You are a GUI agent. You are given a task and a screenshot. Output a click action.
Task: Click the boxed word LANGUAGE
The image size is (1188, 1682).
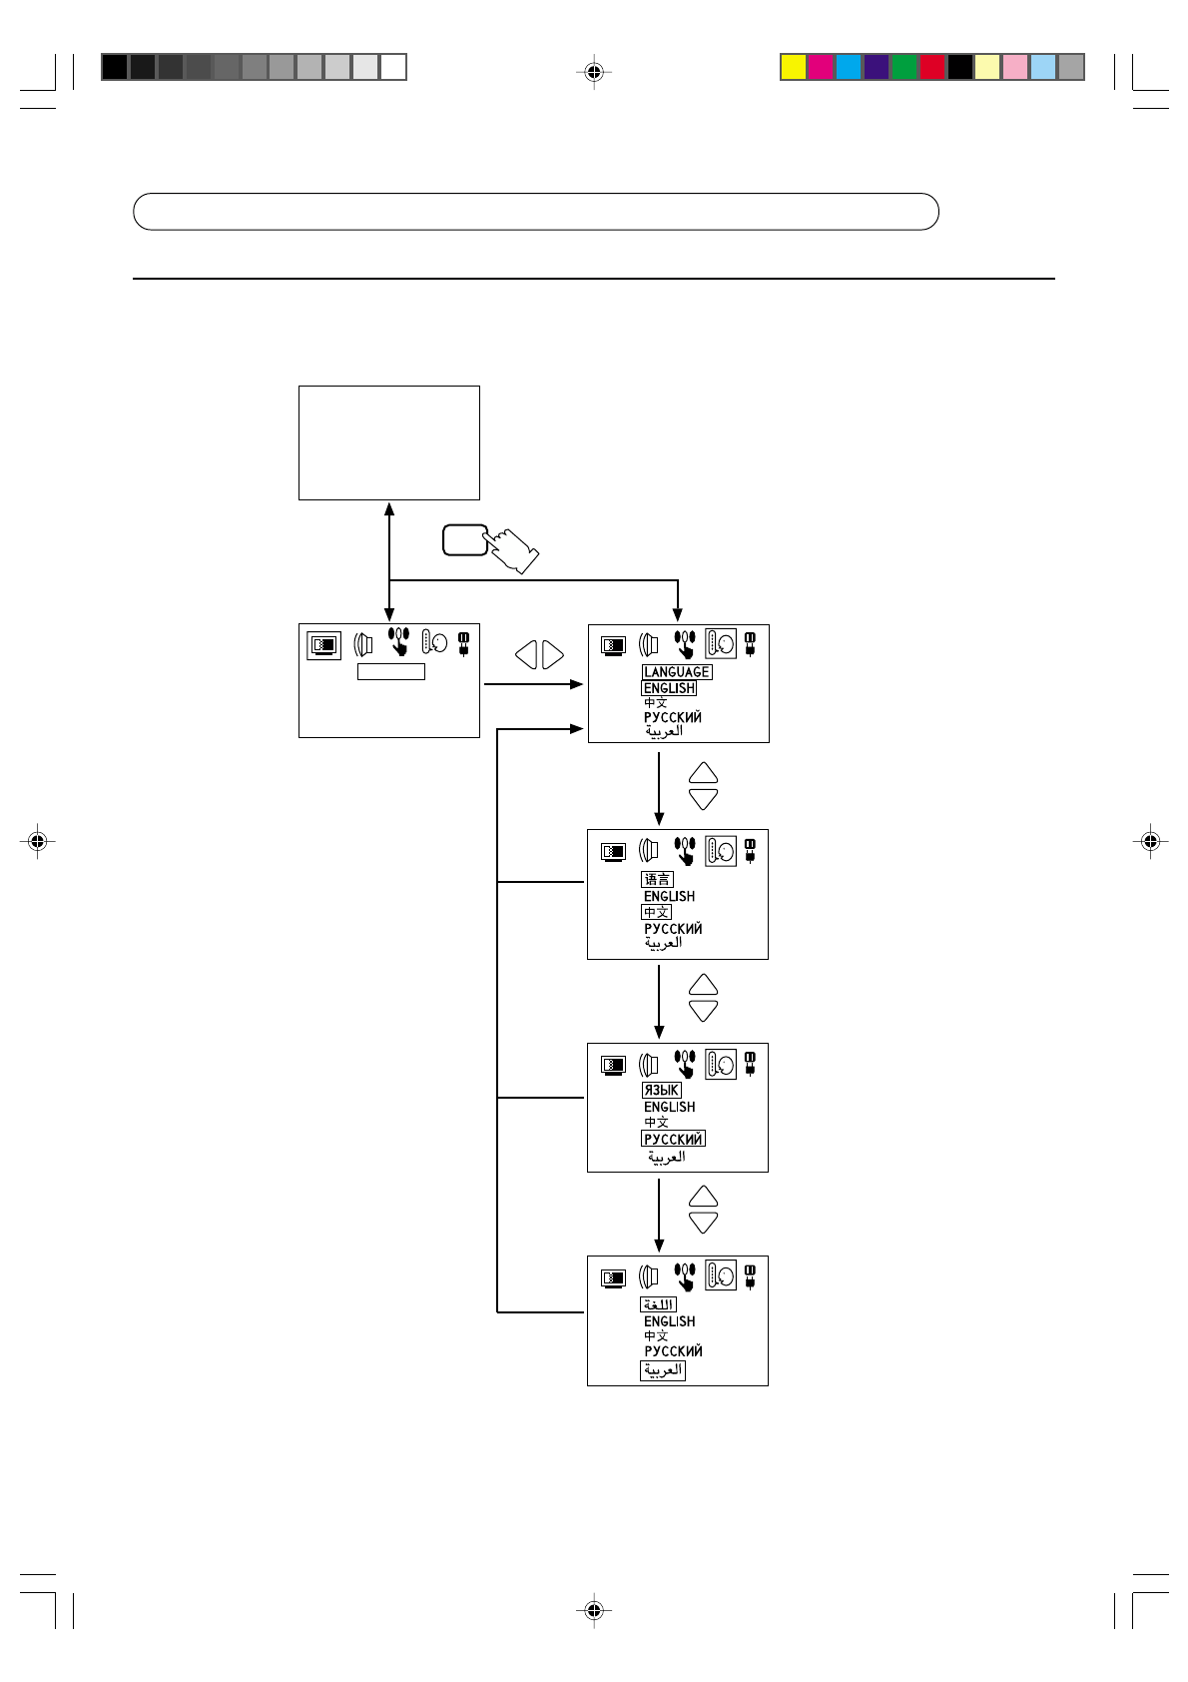click(676, 672)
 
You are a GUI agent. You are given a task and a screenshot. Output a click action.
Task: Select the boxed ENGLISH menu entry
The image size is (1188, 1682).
click(669, 688)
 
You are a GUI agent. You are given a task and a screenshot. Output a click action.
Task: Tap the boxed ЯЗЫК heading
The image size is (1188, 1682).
click(661, 1091)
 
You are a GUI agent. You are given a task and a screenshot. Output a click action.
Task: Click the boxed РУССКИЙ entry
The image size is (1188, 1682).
click(673, 1139)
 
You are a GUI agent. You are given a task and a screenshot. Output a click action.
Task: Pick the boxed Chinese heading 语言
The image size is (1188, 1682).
click(658, 879)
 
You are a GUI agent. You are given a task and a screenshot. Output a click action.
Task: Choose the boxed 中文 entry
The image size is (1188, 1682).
click(656, 912)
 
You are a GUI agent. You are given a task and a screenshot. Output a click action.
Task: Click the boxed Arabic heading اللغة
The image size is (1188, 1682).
click(658, 1305)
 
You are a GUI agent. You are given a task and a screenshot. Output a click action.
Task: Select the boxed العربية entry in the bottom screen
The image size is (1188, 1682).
click(663, 1370)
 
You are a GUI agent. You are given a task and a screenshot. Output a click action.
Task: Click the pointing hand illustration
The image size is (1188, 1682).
click(512, 550)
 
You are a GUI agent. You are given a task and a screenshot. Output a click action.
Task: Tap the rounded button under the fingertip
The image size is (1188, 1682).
click(465, 540)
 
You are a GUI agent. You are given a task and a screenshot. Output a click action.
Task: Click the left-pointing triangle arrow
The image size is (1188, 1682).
click(526, 655)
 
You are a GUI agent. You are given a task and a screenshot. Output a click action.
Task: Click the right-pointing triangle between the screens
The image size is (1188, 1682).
click(552, 655)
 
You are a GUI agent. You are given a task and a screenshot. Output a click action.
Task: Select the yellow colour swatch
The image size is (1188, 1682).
click(794, 67)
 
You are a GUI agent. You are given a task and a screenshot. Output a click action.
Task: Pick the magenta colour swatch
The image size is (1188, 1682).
click(821, 67)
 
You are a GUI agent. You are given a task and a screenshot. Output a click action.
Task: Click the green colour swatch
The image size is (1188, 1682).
click(904, 67)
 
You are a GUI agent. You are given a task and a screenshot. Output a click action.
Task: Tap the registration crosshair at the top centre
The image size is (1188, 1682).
click(594, 72)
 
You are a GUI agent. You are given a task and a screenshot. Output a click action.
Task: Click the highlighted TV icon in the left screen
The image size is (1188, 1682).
click(324, 645)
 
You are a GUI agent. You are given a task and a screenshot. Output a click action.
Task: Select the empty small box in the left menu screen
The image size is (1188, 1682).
click(391, 671)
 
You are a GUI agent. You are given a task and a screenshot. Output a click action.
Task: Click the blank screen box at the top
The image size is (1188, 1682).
click(388, 443)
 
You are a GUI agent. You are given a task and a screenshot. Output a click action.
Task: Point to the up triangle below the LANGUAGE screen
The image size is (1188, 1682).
click(703, 773)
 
